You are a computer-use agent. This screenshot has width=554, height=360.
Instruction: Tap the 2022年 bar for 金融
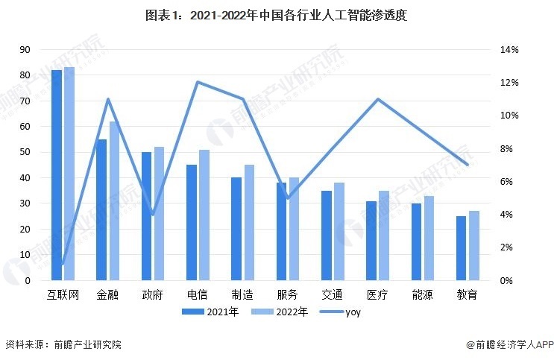114,200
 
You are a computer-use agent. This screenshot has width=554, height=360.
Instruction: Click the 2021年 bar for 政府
147,216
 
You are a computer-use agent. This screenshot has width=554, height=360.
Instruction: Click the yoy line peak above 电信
198,82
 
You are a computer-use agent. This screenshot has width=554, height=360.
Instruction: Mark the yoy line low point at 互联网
63,264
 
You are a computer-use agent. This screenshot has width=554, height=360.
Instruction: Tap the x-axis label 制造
242,294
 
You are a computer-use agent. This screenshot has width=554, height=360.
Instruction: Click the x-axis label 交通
333,294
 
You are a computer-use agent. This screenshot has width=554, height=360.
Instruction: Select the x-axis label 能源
423,294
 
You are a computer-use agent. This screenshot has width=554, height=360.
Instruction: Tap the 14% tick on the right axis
509,49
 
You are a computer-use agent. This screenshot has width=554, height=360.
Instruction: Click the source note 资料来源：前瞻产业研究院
63,345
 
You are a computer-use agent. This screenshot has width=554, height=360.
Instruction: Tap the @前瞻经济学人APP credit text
508,345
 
